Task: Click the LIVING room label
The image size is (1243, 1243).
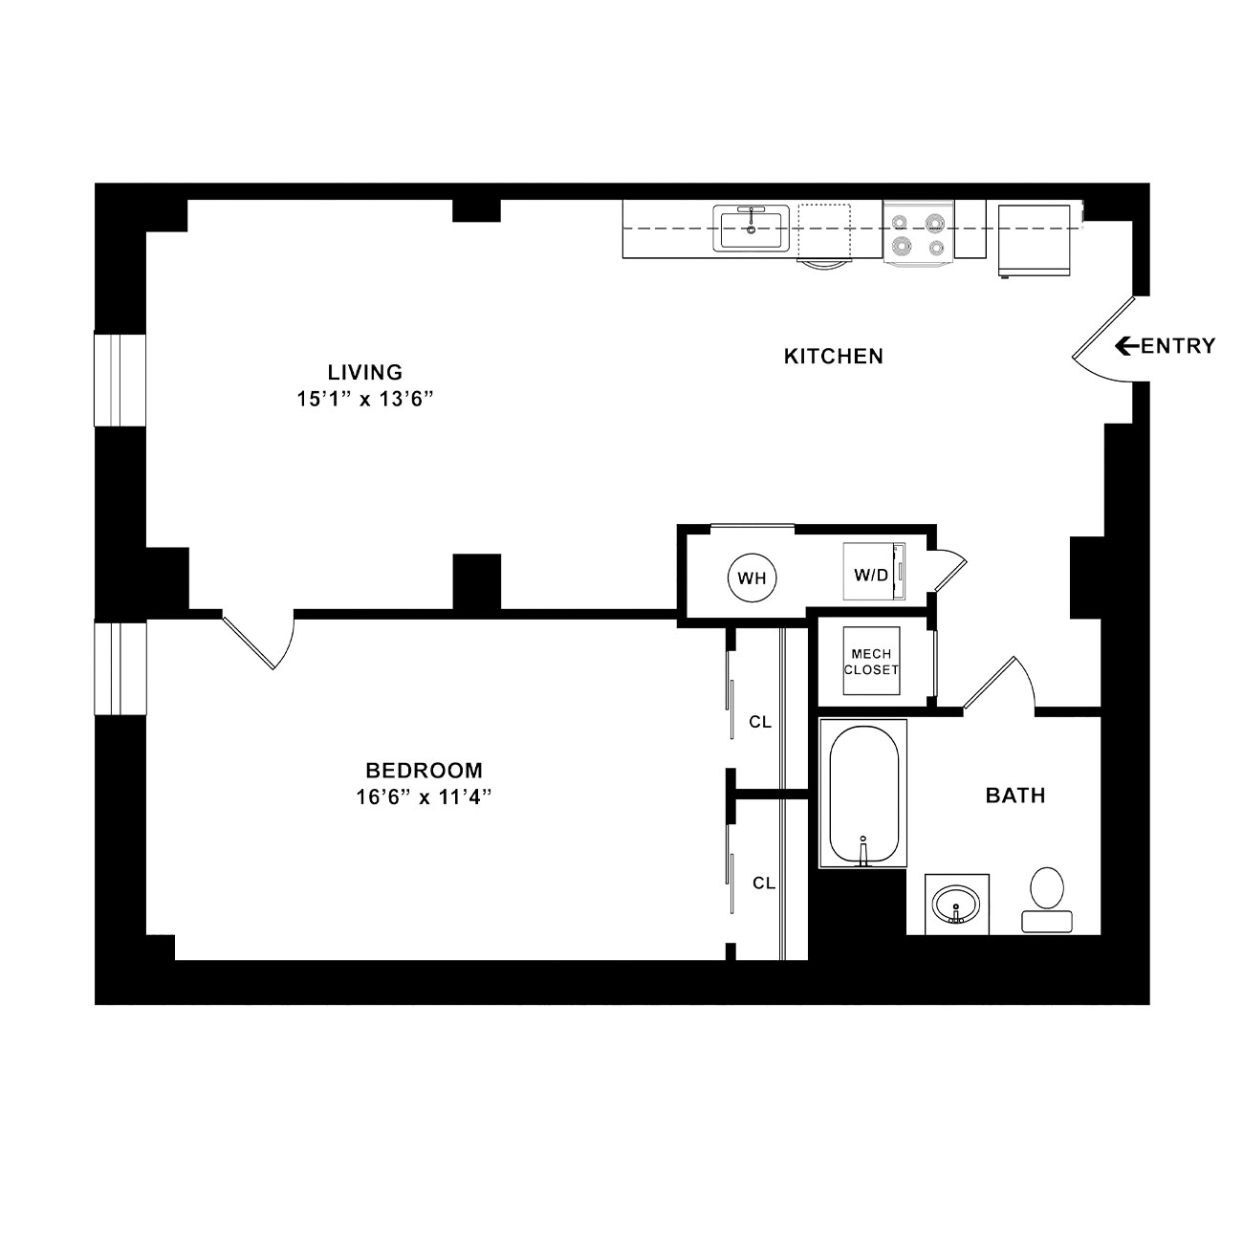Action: pos(365,372)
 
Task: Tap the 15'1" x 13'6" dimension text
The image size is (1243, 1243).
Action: pos(364,400)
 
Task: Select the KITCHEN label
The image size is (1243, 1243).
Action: pos(834,356)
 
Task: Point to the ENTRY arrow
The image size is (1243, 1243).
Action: pos(1128,346)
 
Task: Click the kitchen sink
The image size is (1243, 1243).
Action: pos(752,229)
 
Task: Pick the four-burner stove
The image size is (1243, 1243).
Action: pos(919,231)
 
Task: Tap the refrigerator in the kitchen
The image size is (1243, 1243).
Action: pos(1034,241)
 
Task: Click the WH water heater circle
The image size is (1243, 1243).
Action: pos(752,578)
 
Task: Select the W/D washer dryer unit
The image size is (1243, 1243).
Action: pos(874,572)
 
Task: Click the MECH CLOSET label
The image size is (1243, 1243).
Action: pos(871,662)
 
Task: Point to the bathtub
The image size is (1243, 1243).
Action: pos(863,794)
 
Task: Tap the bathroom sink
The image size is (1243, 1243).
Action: pos(957,905)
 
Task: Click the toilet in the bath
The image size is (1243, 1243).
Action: pos(1047,900)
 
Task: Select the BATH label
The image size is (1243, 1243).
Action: pos(1015,796)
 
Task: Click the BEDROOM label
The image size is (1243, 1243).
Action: pos(424,771)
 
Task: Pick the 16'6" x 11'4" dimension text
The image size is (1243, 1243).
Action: pos(424,798)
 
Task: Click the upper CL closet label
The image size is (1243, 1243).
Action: pos(760,722)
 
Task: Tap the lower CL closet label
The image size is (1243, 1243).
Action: pos(764,883)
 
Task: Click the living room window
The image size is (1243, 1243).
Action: pos(120,380)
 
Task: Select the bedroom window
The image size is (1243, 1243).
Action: pos(120,667)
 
